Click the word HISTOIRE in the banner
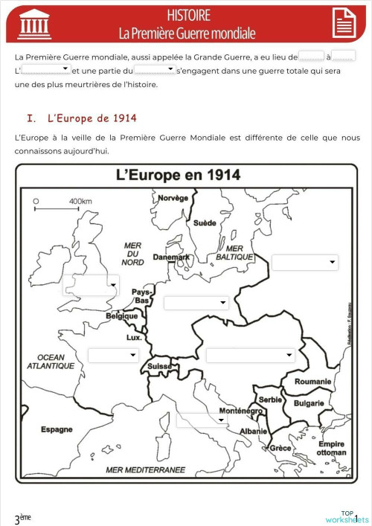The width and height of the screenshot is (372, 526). tap(188, 15)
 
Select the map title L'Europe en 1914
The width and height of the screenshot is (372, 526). tap(178, 176)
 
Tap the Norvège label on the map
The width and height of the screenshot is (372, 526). tap(173, 198)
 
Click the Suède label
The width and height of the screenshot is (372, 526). tap(205, 222)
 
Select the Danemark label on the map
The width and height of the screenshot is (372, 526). tap(171, 257)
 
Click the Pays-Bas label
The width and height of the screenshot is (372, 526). tap(141, 296)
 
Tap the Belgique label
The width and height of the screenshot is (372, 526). tap(123, 315)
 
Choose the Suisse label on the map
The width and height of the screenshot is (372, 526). tap(159, 366)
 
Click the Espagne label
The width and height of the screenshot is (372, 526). tap(57, 429)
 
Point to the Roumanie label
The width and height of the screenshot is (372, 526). tap(312, 382)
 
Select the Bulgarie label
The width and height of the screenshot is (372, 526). tap(309, 403)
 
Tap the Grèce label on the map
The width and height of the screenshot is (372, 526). tap(280, 448)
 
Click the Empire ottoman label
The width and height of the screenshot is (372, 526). tap(331, 448)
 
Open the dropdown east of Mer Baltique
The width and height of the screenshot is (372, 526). tap(305, 263)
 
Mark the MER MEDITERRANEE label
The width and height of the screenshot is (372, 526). tap(145, 469)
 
